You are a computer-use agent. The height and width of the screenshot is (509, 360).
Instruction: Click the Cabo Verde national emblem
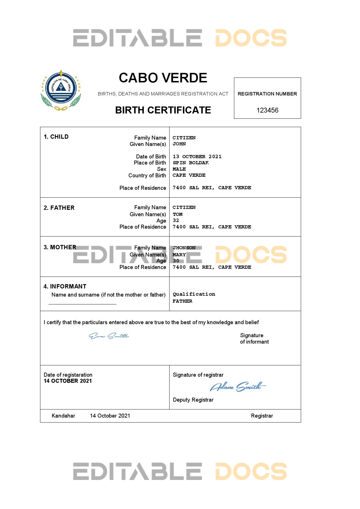61,91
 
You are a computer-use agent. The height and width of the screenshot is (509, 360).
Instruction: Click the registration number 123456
267,110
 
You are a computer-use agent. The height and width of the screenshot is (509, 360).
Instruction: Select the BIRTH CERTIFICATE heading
163,110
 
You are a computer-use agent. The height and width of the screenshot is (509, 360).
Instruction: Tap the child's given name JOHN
179,144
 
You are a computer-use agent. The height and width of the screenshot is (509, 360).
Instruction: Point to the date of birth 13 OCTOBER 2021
197,157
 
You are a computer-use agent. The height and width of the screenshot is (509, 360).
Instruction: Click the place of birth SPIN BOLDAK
191,163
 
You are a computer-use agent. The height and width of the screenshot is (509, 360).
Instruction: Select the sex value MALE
179,169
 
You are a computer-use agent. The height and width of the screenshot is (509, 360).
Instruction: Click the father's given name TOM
177,214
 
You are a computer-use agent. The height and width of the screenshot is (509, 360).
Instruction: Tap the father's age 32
176,221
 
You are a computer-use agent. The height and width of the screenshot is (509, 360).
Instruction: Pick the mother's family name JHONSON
184,248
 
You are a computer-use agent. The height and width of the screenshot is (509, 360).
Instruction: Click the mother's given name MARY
179,255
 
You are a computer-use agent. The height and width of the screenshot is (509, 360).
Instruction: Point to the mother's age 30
176,261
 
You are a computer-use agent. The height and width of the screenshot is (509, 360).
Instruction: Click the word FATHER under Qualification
182,301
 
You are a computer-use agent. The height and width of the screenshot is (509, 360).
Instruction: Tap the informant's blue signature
109,336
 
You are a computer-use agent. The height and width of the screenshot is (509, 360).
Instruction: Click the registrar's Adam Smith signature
237,387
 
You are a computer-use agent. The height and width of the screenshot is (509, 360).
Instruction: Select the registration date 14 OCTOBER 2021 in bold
68,381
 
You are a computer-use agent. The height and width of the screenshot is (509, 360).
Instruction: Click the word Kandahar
63,416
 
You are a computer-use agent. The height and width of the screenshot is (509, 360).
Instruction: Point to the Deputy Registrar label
193,400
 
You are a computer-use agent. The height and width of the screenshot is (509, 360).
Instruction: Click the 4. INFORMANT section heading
65,286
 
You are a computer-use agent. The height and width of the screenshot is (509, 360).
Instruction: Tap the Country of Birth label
147,176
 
